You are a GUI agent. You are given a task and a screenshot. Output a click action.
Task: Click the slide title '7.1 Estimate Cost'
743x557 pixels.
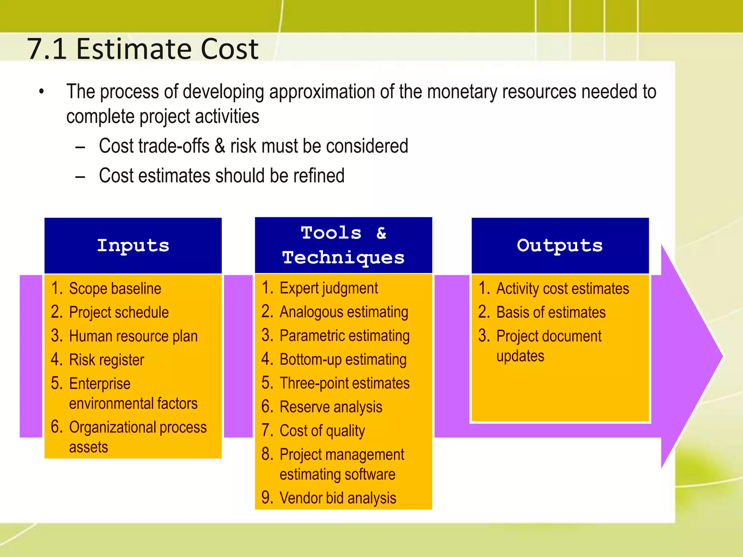pyautogui.click(x=143, y=49)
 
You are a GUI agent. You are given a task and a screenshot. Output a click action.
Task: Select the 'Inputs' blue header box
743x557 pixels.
pyautogui.click(x=133, y=246)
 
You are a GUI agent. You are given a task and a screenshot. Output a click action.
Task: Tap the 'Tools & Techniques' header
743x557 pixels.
pyautogui.click(x=343, y=245)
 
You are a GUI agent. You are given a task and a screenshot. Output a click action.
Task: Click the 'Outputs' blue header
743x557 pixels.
pyautogui.click(x=560, y=246)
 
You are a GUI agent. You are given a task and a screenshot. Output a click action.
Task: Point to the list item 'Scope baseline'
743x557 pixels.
pyautogui.click(x=115, y=289)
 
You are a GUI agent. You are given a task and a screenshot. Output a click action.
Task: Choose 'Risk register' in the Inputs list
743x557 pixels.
pyautogui.click(x=106, y=360)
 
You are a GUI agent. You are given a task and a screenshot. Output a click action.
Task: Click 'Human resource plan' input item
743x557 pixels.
pyautogui.click(x=133, y=336)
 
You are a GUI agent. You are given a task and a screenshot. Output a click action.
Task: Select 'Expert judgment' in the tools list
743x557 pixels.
pyautogui.click(x=328, y=288)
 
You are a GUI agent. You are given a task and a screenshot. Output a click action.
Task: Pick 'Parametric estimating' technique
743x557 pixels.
pyautogui.click(x=344, y=336)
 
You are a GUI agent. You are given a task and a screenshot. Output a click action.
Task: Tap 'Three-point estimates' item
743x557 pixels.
pyautogui.click(x=344, y=383)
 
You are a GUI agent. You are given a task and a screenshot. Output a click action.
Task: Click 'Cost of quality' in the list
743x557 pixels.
pyautogui.click(x=322, y=431)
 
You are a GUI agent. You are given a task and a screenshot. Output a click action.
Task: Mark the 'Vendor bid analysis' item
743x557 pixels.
pyautogui.click(x=337, y=498)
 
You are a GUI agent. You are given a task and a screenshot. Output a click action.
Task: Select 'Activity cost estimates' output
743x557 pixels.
pyautogui.click(x=562, y=289)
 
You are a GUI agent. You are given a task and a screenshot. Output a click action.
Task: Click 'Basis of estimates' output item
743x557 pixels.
pyautogui.click(x=551, y=313)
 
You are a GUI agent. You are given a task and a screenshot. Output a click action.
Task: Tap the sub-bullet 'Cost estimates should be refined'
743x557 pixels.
pyautogui.click(x=221, y=176)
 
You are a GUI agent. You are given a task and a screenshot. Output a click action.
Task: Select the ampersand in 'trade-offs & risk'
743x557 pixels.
pyautogui.click(x=219, y=146)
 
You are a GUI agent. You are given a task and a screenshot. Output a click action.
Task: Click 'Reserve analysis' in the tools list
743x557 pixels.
pyautogui.click(x=331, y=407)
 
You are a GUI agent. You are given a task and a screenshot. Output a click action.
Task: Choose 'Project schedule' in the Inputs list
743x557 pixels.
pyautogui.click(x=119, y=313)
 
